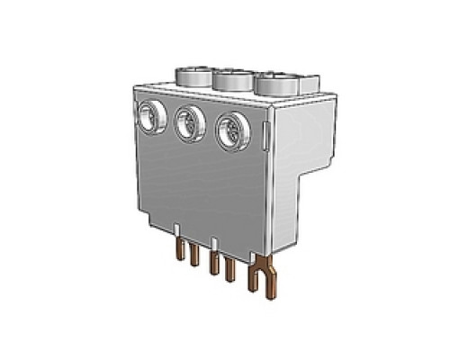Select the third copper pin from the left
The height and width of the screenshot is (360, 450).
(213, 262)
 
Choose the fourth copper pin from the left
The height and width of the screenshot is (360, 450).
(230, 269)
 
